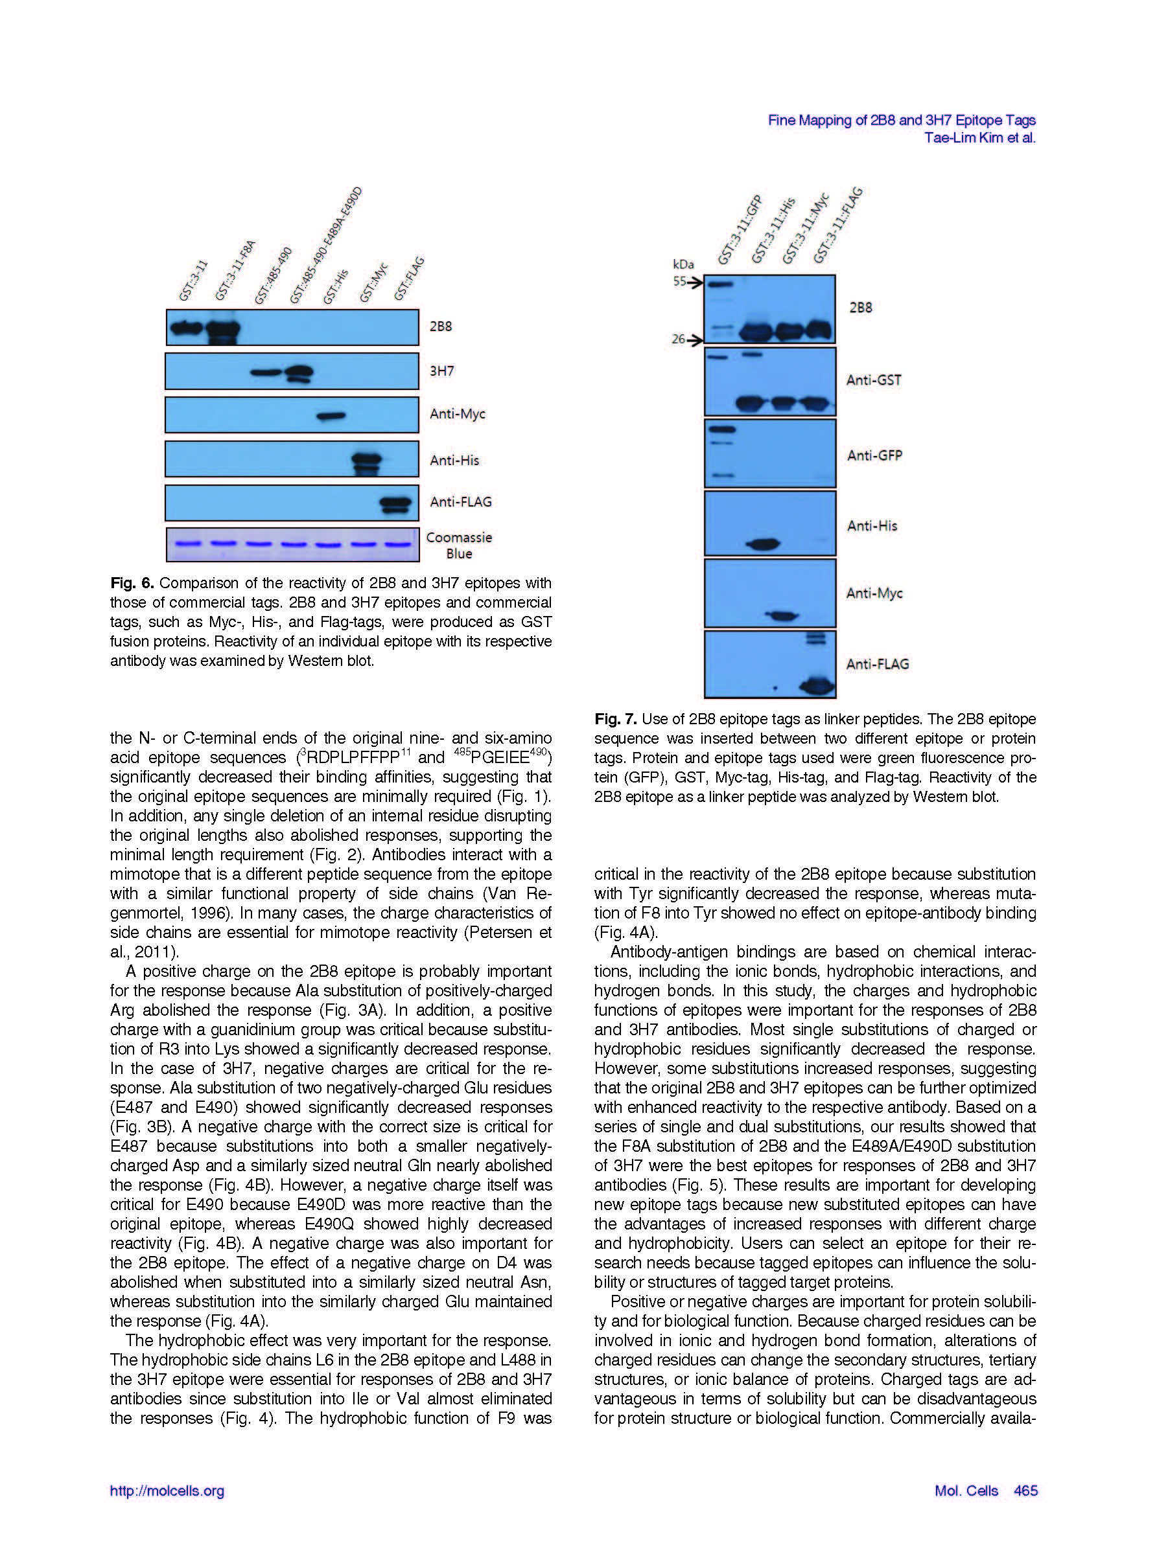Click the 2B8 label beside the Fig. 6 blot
(x=440, y=326)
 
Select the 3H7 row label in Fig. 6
(x=441, y=371)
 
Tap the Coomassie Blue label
(x=458, y=545)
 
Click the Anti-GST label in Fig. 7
(x=874, y=380)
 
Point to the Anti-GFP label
(x=874, y=455)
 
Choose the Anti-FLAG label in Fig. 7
(x=877, y=664)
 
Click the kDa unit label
(x=683, y=264)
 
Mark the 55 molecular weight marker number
(x=679, y=282)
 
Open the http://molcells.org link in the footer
(x=167, y=1491)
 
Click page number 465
(x=1026, y=1491)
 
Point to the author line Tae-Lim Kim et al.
(x=979, y=138)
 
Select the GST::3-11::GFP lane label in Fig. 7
(x=740, y=230)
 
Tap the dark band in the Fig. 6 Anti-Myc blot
(x=331, y=417)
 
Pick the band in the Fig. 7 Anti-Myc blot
(x=782, y=616)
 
